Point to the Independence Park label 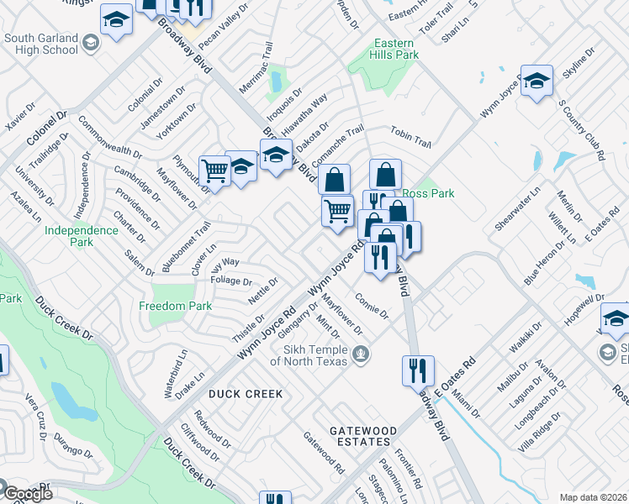point(81,236)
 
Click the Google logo point(28,493)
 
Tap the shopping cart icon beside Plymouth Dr point(215,171)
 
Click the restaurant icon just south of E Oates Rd point(417,369)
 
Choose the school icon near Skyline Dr point(536,81)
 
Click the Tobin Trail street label point(410,137)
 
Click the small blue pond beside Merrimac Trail point(276,81)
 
